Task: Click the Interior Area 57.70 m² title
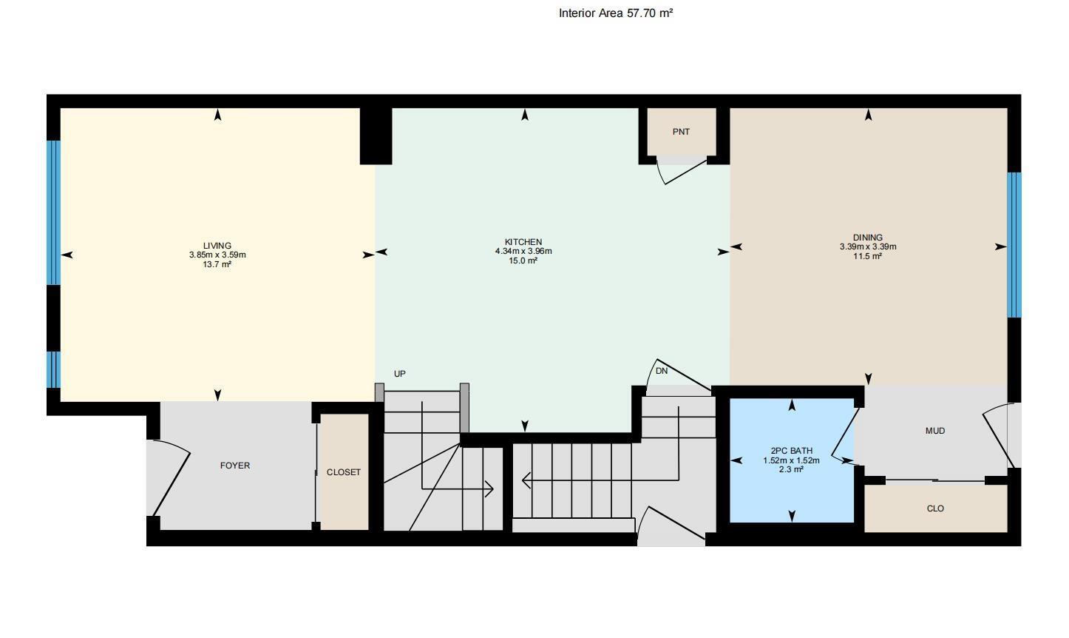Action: click(615, 13)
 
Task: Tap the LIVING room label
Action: click(217, 246)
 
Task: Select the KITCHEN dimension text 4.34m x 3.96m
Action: click(523, 252)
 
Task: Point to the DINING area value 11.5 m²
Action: click(867, 257)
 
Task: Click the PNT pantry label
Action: click(681, 132)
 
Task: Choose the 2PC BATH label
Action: click(791, 451)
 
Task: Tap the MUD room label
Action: click(934, 431)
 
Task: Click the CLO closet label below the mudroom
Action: click(935, 509)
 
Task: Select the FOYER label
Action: click(235, 466)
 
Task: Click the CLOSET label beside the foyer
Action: click(344, 472)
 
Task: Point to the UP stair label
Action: click(400, 374)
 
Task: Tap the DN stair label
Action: click(662, 371)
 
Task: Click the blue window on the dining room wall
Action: click(1014, 245)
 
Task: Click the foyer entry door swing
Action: click(171, 477)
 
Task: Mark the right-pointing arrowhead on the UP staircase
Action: click(489, 488)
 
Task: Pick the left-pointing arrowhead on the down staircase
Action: click(526, 481)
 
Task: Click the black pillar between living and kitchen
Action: click(376, 136)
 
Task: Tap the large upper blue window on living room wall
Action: click(53, 212)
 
